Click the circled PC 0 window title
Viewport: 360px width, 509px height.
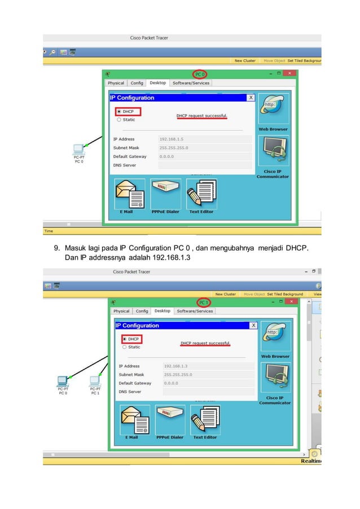[200, 74]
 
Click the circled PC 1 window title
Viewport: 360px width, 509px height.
[203, 302]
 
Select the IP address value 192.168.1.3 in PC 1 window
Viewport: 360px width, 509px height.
[175, 366]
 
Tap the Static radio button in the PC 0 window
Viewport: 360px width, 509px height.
[118, 120]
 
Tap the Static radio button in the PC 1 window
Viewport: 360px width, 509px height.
[125, 347]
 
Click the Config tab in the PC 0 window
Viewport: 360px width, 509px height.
[137, 83]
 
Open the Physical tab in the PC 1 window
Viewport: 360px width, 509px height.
[121, 311]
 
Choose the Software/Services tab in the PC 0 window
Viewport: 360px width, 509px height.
[191, 83]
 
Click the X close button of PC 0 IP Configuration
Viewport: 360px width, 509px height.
[251, 98]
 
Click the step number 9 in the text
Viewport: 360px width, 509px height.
[56, 248]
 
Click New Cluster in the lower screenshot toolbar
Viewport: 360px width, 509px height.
[226, 294]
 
